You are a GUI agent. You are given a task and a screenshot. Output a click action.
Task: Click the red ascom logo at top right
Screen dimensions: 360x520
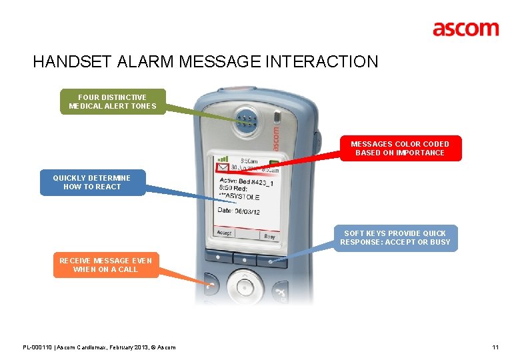465,29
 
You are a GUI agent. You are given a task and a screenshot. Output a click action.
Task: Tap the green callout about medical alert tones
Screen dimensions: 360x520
113,102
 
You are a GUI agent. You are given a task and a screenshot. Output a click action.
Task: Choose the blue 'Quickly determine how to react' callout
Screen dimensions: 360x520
92,182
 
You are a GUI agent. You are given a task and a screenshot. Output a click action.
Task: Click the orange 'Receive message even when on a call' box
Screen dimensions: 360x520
105,265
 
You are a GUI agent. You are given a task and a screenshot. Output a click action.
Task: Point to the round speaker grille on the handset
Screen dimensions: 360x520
246,121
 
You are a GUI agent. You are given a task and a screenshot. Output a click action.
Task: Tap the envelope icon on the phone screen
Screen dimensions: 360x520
223,171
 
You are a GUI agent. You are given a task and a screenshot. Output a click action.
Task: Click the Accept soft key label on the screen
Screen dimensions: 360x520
224,233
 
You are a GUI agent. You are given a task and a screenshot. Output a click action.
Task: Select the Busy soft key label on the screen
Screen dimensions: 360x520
269,236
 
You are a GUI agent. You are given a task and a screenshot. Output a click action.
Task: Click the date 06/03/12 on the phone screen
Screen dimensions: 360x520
247,211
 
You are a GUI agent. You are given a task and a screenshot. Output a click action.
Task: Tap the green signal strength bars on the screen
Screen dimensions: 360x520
222,160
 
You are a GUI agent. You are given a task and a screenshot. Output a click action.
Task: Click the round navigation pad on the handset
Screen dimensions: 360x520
245,287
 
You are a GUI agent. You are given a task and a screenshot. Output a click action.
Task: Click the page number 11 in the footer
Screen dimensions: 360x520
495,347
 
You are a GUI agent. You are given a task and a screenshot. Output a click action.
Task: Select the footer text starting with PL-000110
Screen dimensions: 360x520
99,347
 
